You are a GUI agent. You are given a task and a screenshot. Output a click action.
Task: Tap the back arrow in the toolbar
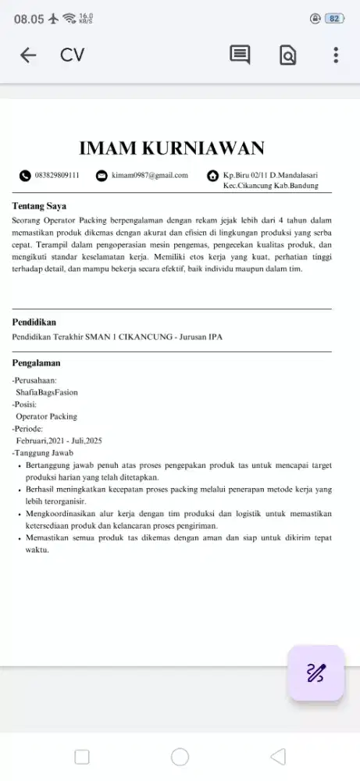[28, 55]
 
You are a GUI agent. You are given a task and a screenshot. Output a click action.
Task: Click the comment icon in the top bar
[240, 55]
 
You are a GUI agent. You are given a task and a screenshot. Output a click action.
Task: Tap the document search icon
[287, 55]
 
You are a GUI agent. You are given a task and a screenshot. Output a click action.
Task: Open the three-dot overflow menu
[336, 55]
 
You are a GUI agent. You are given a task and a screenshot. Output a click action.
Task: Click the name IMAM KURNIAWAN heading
[172, 148]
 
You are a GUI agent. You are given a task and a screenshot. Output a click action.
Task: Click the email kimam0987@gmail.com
[150, 176]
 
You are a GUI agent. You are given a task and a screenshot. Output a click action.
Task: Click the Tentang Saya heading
[39, 207]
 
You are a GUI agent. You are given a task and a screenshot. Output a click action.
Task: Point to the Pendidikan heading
[34, 322]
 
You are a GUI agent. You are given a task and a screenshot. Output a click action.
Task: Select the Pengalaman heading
[37, 363]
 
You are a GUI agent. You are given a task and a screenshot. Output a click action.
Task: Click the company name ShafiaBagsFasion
[47, 392]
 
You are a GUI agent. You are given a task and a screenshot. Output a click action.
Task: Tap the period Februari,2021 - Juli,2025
[59, 440]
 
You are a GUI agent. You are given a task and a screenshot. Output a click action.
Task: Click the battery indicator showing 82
[334, 19]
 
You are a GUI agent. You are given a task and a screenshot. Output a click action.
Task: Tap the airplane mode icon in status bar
[52, 19]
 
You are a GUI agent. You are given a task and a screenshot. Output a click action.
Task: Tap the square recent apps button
[82, 757]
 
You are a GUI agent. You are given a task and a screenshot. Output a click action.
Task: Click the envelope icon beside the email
[102, 177]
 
